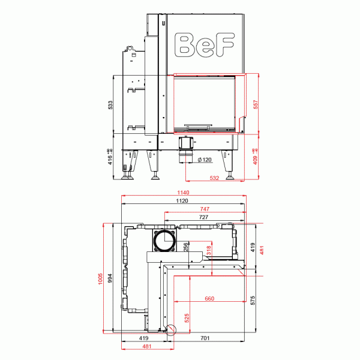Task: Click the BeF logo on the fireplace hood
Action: pos(203,43)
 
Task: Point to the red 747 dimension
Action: pos(204,209)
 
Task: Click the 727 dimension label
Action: pos(203,217)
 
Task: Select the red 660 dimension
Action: pos(209,299)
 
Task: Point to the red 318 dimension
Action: pos(209,251)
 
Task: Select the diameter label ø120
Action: pos(205,160)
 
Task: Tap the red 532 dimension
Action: pos(214,178)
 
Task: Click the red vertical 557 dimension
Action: pos(256,104)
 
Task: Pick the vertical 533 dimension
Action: pos(110,105)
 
